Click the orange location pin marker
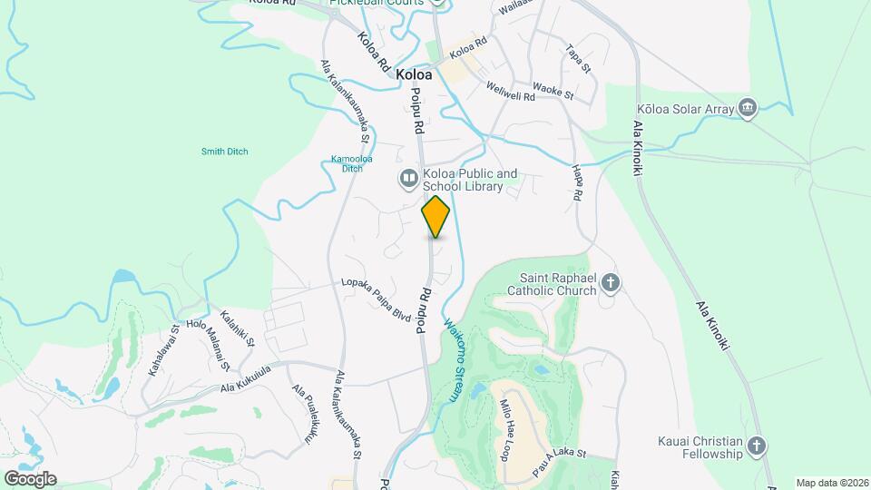pyautogui.click(x=435, y=216)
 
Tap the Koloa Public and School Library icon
pyautogui.click(x=408, y=178)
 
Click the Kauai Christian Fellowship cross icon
pyautogui.click(x=758, y=446)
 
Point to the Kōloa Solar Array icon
pyautogui.click(x=747, y=108)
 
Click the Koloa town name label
pyautogui.click(x=414, y=75)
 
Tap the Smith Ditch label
pyautogui.click(x=224, y=152)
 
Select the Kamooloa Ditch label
pyautogui.click(x=346, y=163)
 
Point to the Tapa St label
pyautogui.click(x=578, y=59)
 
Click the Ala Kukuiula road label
pyautogui.click(x=246, y=380)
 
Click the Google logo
pyautogui.click(x=29, y=478)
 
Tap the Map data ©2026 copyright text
pyautogui.click(x=831, y=483)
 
